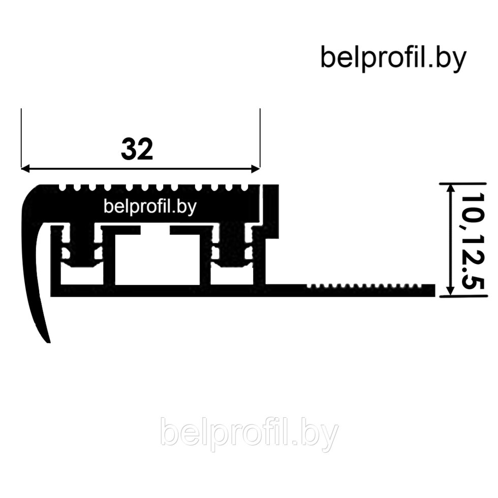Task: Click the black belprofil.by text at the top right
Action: click(393, 57)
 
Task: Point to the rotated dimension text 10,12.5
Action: click(471, 241)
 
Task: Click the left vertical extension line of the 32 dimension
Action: click(21, 137)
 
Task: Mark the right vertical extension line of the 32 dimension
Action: click(260, 137)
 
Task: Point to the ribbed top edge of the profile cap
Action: click(152, 188)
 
